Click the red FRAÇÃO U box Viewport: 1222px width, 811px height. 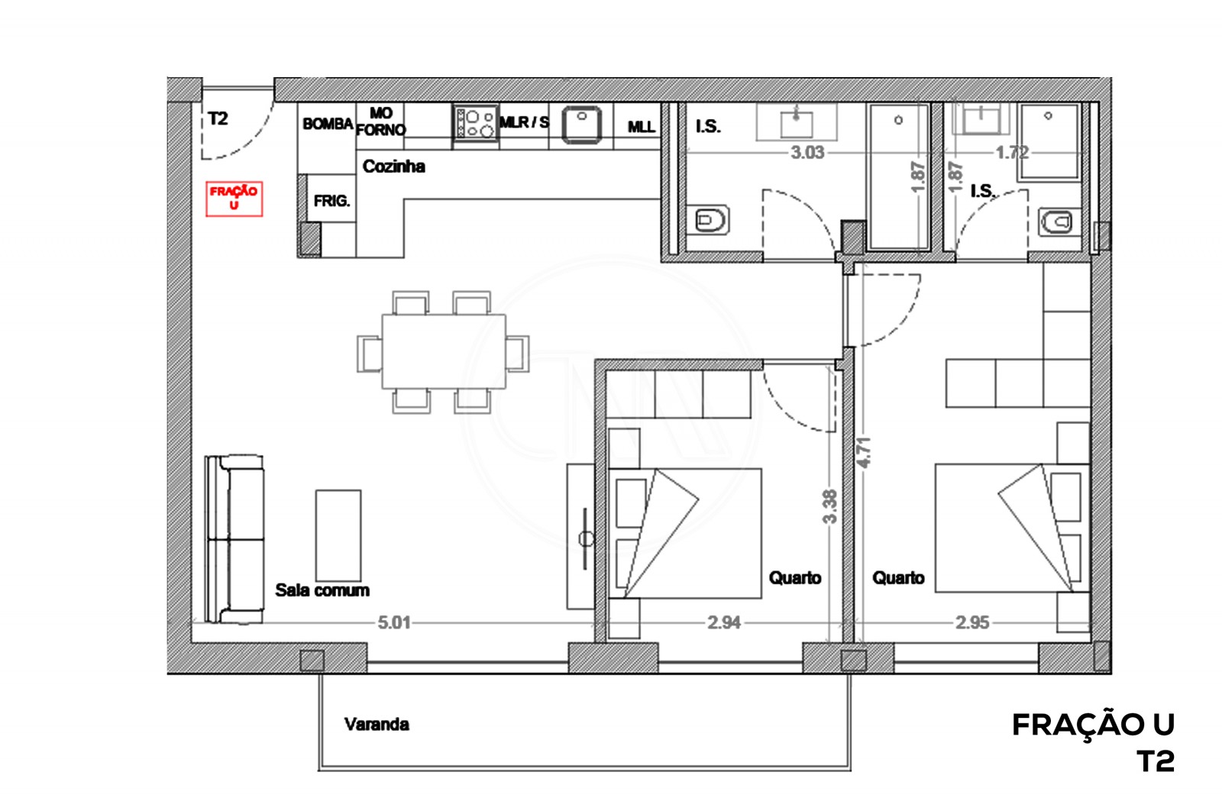pyautogui.click(x=234, y=199)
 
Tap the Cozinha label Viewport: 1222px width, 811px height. pyautogui.click(x=393, y=166)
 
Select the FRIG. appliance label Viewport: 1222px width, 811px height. pyautogui.click(x=331, y=202)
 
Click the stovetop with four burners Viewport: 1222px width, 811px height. pyautogui.click(x=475, y=124)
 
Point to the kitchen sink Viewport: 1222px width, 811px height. pyautogui.click(x=582, y=124)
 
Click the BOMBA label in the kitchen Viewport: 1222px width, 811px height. pyautogui.click(x=328, y=124)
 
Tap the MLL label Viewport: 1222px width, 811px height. pyautogui.click(x=641, y=127)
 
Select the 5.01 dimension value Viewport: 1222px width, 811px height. pyautogui.click(x=394, y=622)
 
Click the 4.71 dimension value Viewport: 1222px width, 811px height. pyautogui.click(x=864, y=452)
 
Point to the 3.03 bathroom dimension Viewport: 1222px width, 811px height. pyautogui.click(x=807, y=152)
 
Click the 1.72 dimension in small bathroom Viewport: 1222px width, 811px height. pyautogui.click(x=1011, y=152)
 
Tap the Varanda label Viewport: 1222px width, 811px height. pyautogui.click(x=377, y=724)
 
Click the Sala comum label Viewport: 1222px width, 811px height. pyautogui.click(x=322, y=590)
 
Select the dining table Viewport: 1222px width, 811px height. pyautogui.click(x=444, y=352)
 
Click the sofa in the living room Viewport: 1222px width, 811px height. pyautogui.click(x=234, y=539)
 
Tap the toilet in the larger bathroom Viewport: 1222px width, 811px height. pyautogui.click(x=711, y=221)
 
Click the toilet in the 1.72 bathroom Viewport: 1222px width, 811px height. pyautogui.click(x=1058, y=222)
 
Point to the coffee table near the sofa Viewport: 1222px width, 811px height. pyautogui.click(x=338, y=536)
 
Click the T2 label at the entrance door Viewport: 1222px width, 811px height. pyautogui.click(x=218, y=118)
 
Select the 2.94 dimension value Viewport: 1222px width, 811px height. pyautogui.click(x=723, y=622)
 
